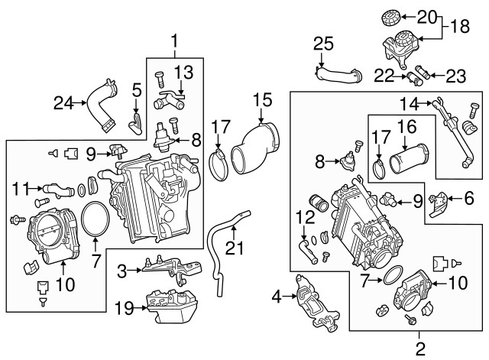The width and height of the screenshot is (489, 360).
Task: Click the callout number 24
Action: coord(66,100)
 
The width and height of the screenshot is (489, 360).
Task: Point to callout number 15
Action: coord(262,99)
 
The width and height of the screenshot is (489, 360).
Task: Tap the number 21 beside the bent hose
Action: coord(237,247)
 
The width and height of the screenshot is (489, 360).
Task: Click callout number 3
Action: coord(121,270)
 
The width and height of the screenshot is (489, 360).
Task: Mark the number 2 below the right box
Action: coord(419,349)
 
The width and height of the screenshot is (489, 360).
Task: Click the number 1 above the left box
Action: coord(174,38)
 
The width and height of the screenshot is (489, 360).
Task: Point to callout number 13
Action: coord(186,72)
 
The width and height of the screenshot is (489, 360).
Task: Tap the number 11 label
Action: coord(21,186)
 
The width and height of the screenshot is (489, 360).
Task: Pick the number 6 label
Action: coord(468,197)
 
